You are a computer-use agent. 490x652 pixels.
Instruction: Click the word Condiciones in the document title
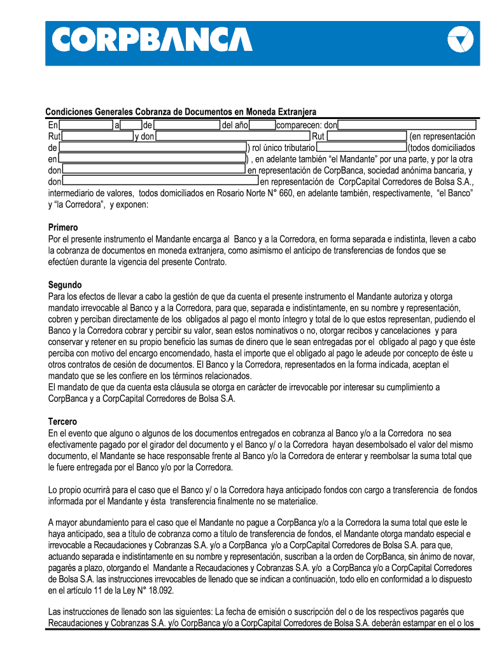tap(70, 113)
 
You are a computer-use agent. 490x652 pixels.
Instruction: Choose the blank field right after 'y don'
tap(233, 136)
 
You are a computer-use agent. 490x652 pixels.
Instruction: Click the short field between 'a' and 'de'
tap(131, 125)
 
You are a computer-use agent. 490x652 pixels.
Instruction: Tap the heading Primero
tap(63, 227)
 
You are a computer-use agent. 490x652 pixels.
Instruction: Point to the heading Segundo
tap(65, 285)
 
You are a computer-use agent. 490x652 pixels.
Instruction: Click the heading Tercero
tap(62, 422)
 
